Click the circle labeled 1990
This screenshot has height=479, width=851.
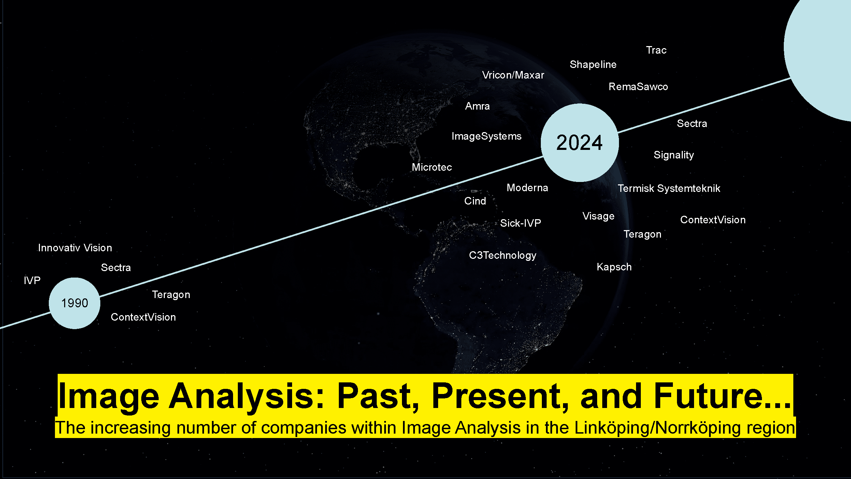click(x=74, y=303)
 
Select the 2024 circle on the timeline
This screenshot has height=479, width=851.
click(x=580, y=143)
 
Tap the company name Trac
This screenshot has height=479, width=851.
click(x=656, y=50)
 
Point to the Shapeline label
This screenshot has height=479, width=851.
click(x=593, y=65)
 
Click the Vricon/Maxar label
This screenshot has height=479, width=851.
click(x=513, y=75)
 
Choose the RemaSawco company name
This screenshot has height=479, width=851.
click(x=638, y=87)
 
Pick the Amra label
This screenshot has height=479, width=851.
click(x=477, y=106)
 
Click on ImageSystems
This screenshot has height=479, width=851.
click(x=487, y=136)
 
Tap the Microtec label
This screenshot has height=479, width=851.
click(x=432, y=167)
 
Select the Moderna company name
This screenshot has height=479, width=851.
click(x=527, y=188)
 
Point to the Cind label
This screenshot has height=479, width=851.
click(x=475, y=201)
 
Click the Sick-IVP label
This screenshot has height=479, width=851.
click(x=520, y=223)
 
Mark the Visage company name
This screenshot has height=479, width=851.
click(x=598, y=216)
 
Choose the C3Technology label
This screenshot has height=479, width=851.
click(x=503, y=255)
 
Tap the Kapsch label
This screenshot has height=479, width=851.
click(x=614, y=267)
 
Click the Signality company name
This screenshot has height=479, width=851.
click(x=674, y=155)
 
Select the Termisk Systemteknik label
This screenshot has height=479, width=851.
click(x=669, y=188)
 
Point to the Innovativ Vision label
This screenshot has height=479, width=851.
click(x=75, y=248)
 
